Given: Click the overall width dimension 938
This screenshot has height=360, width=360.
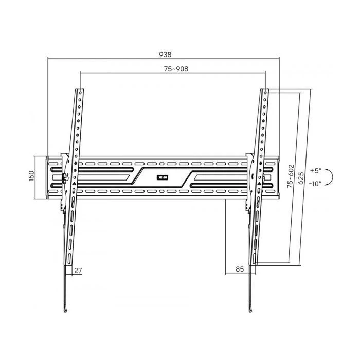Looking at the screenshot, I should pyautogui.click(x=165, y=54).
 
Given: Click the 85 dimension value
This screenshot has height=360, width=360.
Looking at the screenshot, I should pyautogui.click(x=239, y=268).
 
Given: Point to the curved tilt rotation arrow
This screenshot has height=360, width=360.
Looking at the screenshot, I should pyautogui.click(x=331, y=176).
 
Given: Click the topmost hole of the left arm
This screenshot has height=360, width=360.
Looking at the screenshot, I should pyautogui.click(x=80, y=93).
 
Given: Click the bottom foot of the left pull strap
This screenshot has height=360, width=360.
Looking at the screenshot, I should pyautogui.click(x=65, y=308).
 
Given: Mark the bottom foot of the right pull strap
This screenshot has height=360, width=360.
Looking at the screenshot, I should pyautogui.click(x=250, y=308).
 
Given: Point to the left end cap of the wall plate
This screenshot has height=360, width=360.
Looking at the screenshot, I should pyautogui.click(x=49, y=176).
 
